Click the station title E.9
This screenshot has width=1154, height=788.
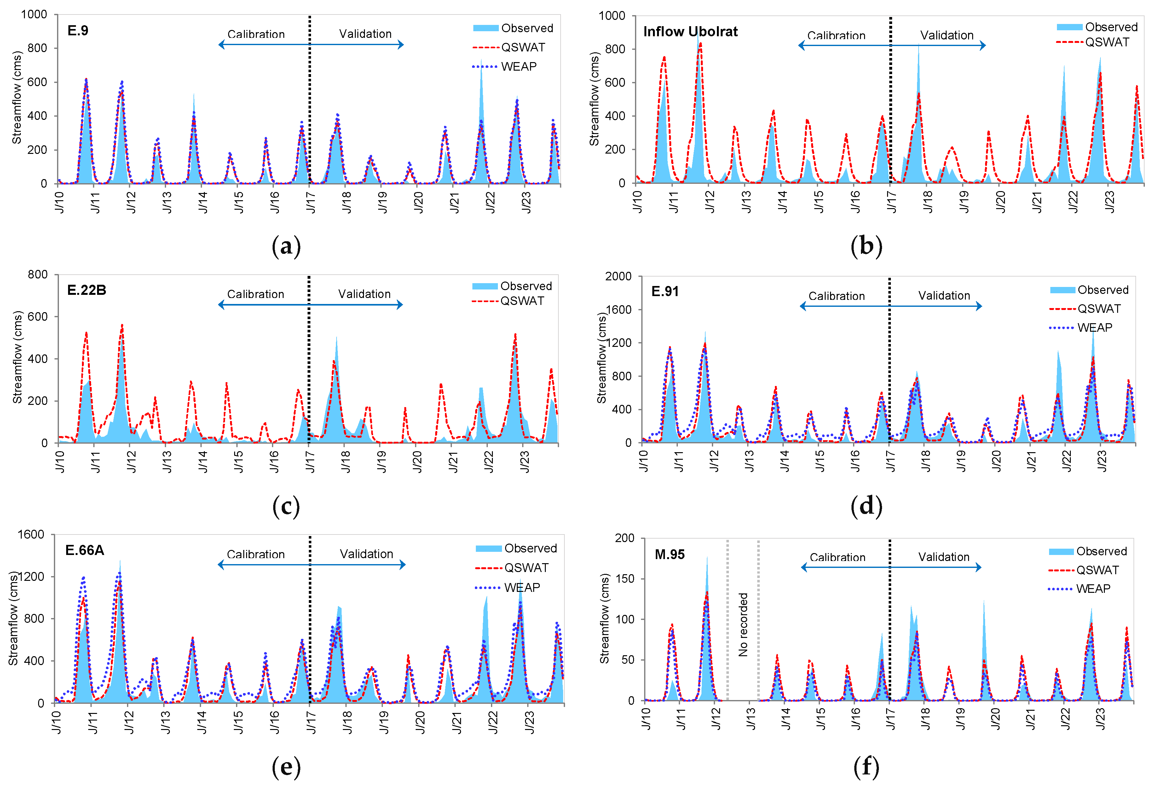[x=78, y=31]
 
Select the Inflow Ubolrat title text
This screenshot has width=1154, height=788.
[x=690, y=32]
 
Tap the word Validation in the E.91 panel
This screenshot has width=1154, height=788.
[x=943, y=296]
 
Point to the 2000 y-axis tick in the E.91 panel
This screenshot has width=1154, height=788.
[x=618, y=276]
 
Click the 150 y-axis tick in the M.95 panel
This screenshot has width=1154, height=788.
[x=624, y=579]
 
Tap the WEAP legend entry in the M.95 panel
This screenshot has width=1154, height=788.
[x=1093, y=589]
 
